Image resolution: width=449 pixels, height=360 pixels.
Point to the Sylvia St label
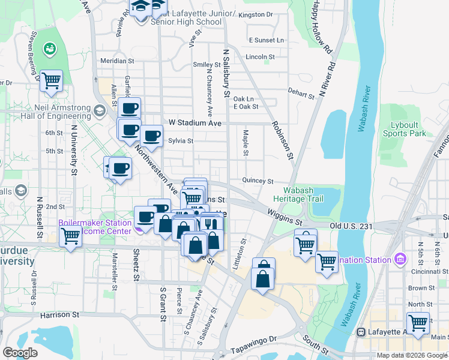(180, 141)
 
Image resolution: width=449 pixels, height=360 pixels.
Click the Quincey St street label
(258, 181)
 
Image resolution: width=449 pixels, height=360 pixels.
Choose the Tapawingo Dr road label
(256, 339)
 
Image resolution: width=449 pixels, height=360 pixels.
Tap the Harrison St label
(60, 314)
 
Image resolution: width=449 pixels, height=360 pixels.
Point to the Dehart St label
(301, 92)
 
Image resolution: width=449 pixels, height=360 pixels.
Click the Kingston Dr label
(255, 14)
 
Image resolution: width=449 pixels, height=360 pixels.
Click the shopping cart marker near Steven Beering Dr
(52, 80)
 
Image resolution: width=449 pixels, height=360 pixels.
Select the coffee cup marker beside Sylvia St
(152, 136)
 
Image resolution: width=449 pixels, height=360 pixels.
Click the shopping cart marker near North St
(418, 323)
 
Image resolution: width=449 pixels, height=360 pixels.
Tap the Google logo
(20, 352)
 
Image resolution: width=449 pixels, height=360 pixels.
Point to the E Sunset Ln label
(266, 40)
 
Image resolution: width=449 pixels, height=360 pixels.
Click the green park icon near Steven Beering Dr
(49, 48)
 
